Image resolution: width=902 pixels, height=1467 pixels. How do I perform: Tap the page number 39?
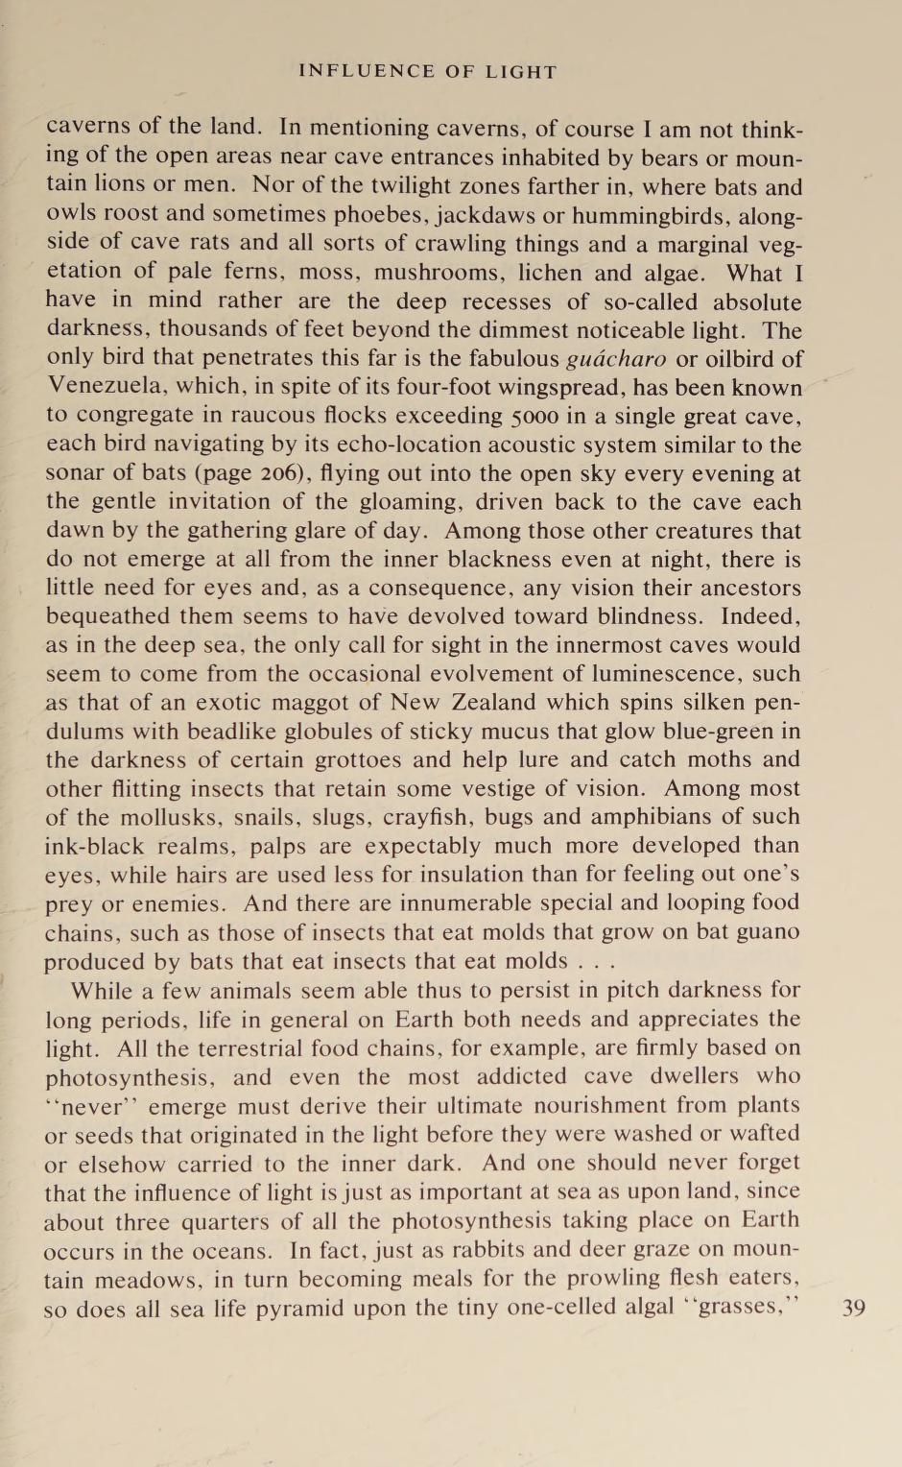(x=853, y=1308)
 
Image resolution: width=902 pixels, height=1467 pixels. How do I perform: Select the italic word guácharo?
(x=616, y=360)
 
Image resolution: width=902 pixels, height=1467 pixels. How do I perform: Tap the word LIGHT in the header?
(x=519, y=72)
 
